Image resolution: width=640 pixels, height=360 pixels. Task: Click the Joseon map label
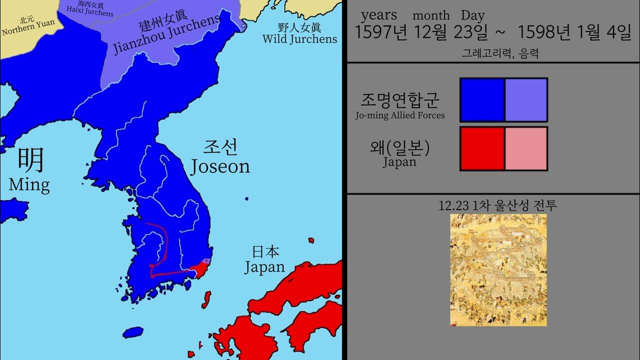[x=220, y=157]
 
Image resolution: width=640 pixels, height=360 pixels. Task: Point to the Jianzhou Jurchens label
[x=166, y=32]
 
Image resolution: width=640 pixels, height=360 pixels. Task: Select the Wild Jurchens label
[x=299, y=33]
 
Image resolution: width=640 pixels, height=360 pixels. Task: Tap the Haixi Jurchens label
[x=90, y=8]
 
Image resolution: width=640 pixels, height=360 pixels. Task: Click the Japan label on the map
[x=264, y=259]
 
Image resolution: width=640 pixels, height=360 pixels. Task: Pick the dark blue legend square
[x=482, y=99]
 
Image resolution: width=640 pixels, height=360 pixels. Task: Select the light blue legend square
[x=526, y=99]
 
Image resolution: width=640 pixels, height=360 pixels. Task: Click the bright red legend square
[x=482, y=148]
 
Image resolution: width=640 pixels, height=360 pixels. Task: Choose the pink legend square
[x=526, y=148]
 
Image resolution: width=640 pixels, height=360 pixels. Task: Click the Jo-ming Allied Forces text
[x=400, y=115]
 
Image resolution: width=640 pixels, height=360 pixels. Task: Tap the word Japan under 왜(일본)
[x=399, y=162]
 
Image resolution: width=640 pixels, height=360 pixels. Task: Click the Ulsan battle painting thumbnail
[x=498, y=270]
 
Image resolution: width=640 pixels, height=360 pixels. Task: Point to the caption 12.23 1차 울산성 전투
[x=497, y=205]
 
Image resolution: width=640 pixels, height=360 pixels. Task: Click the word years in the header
[x=379, y=15]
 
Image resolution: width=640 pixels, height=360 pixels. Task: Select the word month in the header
[x=431, y=16]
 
